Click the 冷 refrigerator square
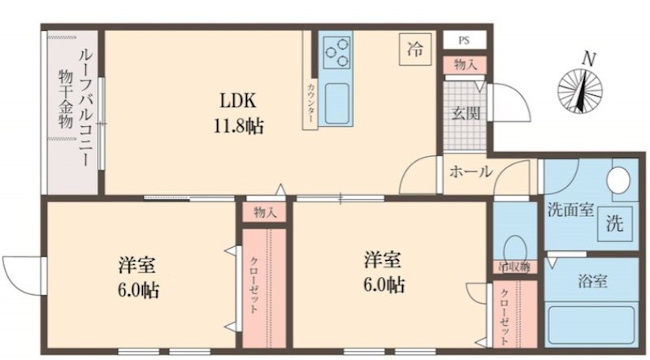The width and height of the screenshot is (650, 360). pyautogui.click(x=414, y=49)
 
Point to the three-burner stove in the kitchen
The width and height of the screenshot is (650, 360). pyautogui.click(x=335, y=55)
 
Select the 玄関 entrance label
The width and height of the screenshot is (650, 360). pyautogui.click(x=465, y=113)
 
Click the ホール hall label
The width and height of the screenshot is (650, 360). pyautogui.click(x=470, y=171)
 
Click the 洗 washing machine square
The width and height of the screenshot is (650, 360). pyautogui.click(x=616, y=224)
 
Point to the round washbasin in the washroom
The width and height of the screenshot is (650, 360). pyautogui.click(x=622, y=177)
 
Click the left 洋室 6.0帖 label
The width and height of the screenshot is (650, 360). pyautogui.click(x=136, y=276)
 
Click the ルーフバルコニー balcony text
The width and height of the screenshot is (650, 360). pyautogui.click(x=84, y=106)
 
